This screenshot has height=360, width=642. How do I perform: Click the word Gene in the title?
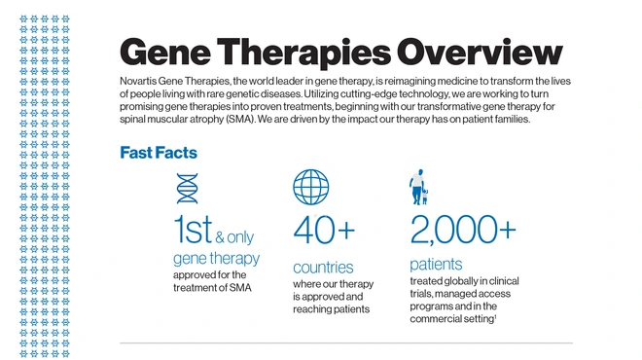[167, 53]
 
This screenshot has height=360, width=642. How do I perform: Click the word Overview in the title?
[471, 53]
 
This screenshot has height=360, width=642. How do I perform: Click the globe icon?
[310, 187]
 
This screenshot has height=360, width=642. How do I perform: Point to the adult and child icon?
[418, 187]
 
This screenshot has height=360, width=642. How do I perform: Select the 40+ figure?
[324, 232]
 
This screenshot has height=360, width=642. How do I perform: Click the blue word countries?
[323, 267]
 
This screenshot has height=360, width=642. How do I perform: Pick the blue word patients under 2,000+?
[436, 264]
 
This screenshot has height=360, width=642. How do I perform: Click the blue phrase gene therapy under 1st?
[216, 258]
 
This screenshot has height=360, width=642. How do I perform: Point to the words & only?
[233, 236]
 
